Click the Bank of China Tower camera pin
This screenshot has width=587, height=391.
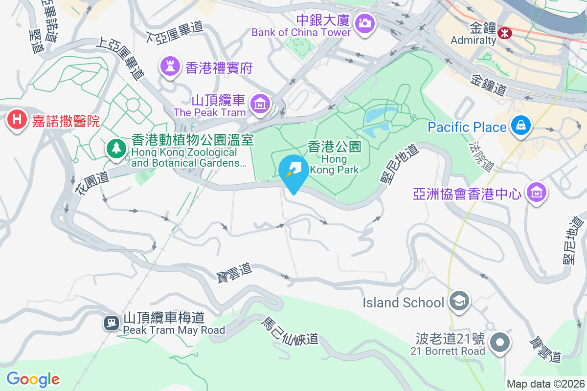tap(364, 22)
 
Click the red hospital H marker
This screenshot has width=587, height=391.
tap(17, 120)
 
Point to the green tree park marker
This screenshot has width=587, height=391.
tap(116, 148)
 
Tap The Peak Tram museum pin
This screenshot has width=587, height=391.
tap(259, 104)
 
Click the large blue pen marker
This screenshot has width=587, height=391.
tap(293, 171)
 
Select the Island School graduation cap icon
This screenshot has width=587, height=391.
tap(460, 301)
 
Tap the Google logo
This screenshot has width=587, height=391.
tap(33, 379)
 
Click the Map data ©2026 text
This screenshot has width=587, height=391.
tap(545, 384)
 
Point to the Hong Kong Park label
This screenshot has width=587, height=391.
tap(335, 157)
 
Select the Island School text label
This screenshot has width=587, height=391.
tap(403, 303)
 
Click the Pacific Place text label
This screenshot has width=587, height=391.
tap(467, 128)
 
